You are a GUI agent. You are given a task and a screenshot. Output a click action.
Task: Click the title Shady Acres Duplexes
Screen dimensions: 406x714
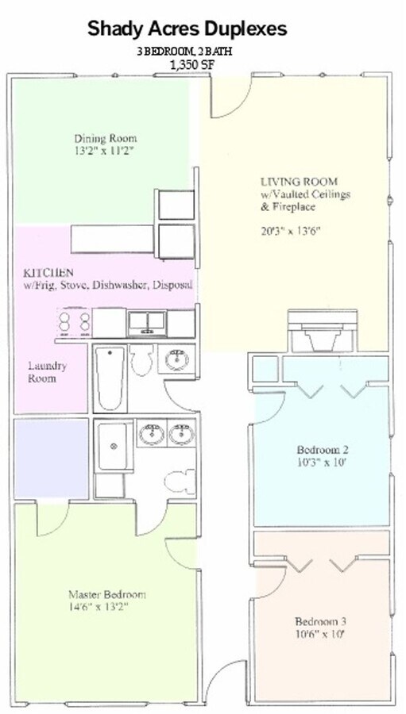[187, 29]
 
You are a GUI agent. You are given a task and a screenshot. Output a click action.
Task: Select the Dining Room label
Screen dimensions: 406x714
[106, 138]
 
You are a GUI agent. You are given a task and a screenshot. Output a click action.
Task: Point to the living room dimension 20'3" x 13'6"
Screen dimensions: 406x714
[291, 231]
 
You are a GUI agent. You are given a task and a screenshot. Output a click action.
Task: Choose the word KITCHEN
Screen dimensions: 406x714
[48, 273]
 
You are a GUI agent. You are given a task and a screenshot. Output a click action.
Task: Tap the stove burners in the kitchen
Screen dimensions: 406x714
[74, 322]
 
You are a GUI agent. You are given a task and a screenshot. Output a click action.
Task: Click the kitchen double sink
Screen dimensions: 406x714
[146, 323]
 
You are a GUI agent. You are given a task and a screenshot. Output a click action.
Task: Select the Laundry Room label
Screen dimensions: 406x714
[47, 372]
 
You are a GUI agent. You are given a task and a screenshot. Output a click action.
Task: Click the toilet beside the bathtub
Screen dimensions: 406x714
[142, 359]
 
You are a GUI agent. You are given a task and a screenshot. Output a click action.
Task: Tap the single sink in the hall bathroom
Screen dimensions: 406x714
[176, 359]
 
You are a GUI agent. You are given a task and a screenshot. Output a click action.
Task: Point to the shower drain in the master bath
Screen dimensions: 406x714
[113, 446]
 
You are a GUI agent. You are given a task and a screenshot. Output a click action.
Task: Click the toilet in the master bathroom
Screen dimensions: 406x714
[180, 482]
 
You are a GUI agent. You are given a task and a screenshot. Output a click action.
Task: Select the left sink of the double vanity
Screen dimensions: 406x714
[152, 433]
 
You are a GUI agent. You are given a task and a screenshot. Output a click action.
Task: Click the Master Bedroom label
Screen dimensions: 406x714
[107, 594]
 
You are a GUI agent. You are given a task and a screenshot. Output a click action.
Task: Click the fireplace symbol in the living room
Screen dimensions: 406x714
[322, 331]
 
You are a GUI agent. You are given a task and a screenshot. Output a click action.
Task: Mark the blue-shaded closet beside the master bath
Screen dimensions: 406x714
[51, 458]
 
